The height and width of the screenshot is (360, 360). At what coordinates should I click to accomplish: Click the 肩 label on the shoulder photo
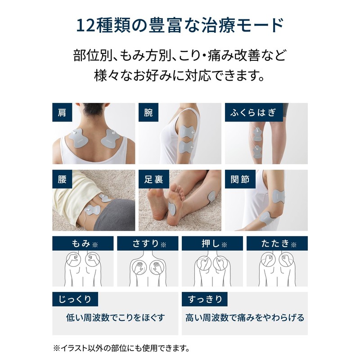62,112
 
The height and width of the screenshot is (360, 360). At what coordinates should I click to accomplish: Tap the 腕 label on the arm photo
148,112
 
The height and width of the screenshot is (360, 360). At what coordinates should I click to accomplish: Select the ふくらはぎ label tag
254,112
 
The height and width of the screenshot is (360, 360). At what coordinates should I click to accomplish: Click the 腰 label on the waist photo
62,179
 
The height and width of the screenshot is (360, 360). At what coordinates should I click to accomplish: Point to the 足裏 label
154,179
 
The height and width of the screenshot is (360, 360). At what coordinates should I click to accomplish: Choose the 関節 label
240,179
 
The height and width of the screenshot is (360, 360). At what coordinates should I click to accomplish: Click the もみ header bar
83,243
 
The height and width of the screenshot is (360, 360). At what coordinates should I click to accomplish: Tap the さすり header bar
148,243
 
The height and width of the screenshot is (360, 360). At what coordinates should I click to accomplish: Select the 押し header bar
212,243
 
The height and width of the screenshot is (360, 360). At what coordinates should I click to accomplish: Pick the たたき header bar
277,243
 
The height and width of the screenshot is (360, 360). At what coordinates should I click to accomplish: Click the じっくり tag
75,299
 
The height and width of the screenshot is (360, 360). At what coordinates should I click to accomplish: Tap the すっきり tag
205,299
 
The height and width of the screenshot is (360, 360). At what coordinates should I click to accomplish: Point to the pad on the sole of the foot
172,208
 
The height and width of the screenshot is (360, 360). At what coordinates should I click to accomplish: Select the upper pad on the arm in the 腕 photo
187,132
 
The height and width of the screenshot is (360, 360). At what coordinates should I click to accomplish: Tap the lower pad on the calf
257,152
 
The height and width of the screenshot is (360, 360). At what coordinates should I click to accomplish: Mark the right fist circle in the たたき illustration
286,259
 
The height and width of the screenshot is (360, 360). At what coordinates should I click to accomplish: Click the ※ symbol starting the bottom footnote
57,348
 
